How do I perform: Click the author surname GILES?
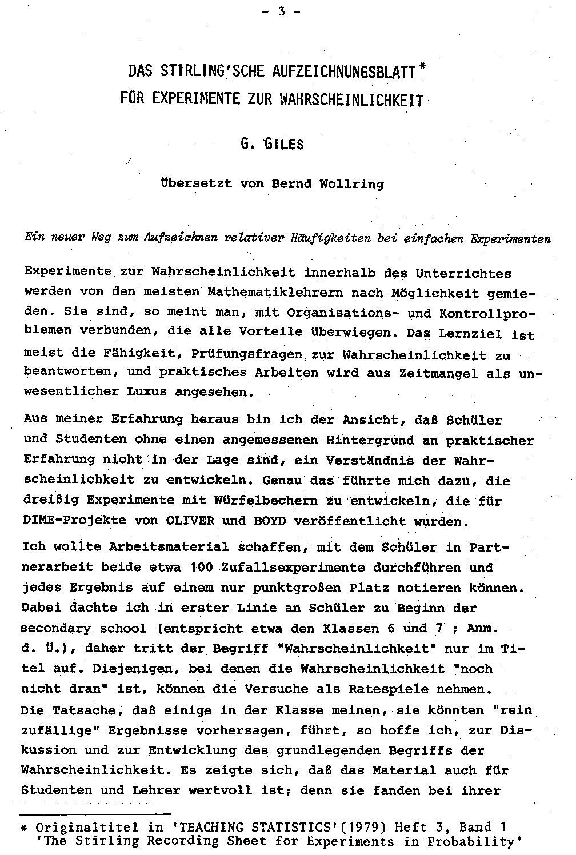[x=283, y=144]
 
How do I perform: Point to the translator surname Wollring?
[x=352, y=183]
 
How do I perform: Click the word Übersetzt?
[x=196, y=183]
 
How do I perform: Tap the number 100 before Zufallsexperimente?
[x=201, y=568]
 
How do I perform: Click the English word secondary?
[x=56, y=629]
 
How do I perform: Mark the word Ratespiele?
[x=383, y=689]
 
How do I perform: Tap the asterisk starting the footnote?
[x=25, y=828]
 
